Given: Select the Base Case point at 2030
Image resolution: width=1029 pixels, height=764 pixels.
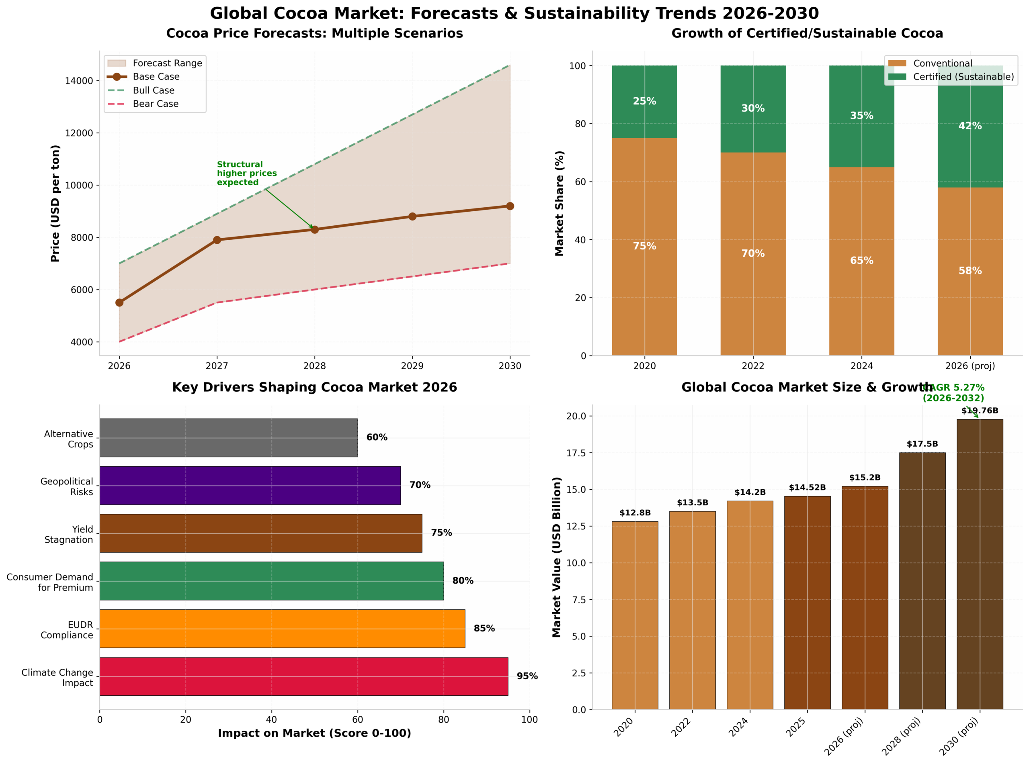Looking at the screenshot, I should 509,206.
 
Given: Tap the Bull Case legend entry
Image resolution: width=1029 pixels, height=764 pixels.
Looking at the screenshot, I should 153,90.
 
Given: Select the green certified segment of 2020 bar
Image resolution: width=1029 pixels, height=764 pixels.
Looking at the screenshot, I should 644,102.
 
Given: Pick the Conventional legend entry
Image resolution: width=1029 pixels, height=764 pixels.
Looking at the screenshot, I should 942,63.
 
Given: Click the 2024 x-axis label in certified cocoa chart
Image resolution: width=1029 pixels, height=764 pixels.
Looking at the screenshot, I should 861,366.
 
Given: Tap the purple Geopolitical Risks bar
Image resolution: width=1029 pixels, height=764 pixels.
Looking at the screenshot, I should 250,485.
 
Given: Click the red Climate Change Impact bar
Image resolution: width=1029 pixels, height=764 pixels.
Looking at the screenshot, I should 303,676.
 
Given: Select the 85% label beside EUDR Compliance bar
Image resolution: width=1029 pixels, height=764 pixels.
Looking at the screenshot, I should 484,628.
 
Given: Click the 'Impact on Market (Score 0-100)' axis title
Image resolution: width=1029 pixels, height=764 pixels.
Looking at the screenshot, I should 314,733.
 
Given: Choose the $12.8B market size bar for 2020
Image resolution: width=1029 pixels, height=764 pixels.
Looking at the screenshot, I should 634,615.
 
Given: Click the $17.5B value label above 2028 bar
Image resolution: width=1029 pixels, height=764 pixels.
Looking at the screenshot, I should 922,444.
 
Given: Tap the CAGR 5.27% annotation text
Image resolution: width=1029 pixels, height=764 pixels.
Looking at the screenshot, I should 953,392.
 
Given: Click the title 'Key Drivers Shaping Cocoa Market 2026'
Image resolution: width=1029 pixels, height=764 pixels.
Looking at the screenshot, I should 314,387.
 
